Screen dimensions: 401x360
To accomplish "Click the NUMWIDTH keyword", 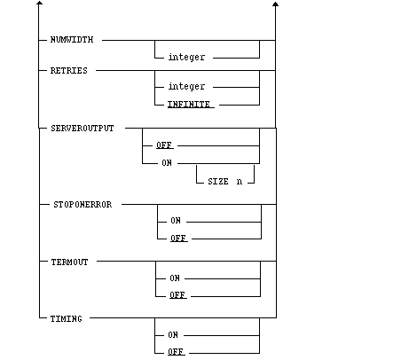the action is click(72, 40).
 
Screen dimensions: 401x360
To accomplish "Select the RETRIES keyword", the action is click(69, 71).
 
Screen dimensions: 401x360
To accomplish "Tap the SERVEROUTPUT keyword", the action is click(83, 129).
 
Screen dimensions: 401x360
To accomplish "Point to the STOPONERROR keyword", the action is click(83, 205).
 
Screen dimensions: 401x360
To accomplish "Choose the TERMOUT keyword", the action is click(69, 262).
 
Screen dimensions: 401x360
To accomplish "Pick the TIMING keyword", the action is click(67, 319).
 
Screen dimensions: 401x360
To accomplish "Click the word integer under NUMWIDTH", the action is click(186, 57).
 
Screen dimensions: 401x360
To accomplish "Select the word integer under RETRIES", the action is click(186, 86).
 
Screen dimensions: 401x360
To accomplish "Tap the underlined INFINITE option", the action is click(189, 105).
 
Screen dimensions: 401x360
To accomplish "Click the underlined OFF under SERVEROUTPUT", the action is click(164, 145).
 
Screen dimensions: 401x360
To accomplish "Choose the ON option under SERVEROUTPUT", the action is click(167, 163).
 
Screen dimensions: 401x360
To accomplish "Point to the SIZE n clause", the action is click(225, 181).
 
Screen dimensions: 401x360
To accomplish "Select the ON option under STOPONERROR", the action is click(176, 221).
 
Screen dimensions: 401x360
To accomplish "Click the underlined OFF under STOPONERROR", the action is click(178, 239).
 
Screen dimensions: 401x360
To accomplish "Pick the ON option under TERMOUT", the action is click(175, 278).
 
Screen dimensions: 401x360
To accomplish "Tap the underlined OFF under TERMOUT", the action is click(177, 295).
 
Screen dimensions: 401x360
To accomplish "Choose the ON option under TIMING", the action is click(173, 335).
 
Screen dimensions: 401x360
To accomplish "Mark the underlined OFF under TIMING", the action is click(176, 352).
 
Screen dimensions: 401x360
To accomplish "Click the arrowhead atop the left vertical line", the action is click(39, 3).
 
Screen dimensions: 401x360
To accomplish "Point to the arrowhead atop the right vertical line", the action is click(276, 4).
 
